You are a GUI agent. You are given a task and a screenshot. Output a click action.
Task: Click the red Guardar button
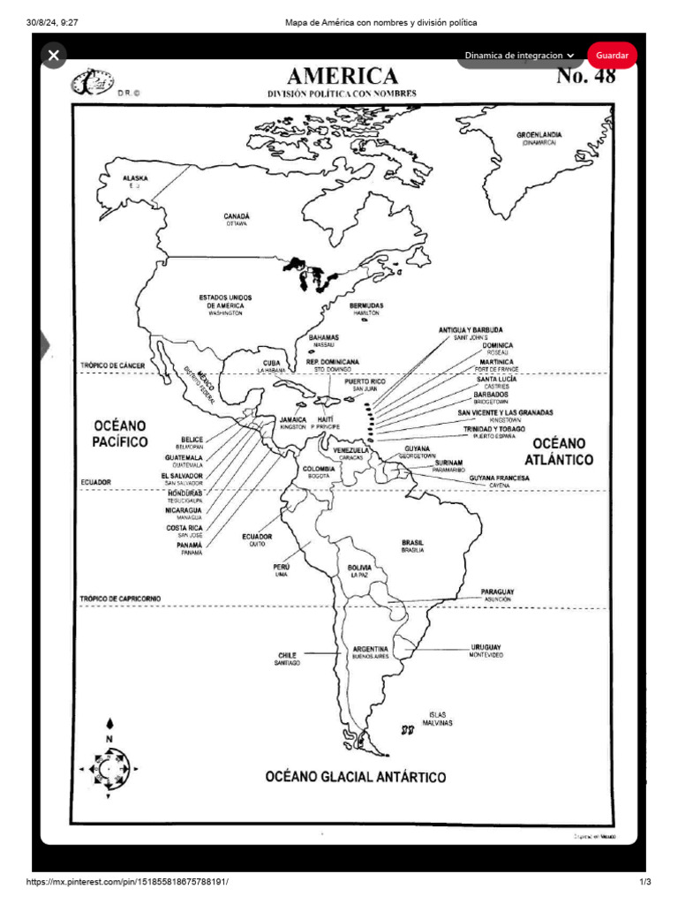click(x=611, y=55)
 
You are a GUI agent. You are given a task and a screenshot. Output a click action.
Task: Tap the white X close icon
click(x=54, y=56)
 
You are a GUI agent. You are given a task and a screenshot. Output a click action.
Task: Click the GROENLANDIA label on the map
click(x=539, y=135)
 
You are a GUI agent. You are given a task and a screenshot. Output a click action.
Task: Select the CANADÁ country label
click(x=236, y=216)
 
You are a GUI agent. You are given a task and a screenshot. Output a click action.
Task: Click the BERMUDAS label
click(x=365, y=305)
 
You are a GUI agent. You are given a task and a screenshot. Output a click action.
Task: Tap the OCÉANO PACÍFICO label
click(x=120, y=433)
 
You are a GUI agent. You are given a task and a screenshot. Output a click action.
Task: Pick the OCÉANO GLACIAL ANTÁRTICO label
click(x=356, y=777)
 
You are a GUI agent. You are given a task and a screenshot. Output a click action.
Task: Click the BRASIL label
click(x=412, y=542)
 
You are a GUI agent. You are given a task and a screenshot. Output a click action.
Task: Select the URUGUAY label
click(x=486, y=647)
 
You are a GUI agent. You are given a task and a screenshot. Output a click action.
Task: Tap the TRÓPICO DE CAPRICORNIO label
click(x=120, y=599)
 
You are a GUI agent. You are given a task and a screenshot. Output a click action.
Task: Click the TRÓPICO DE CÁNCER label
click(x=112, y=365)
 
